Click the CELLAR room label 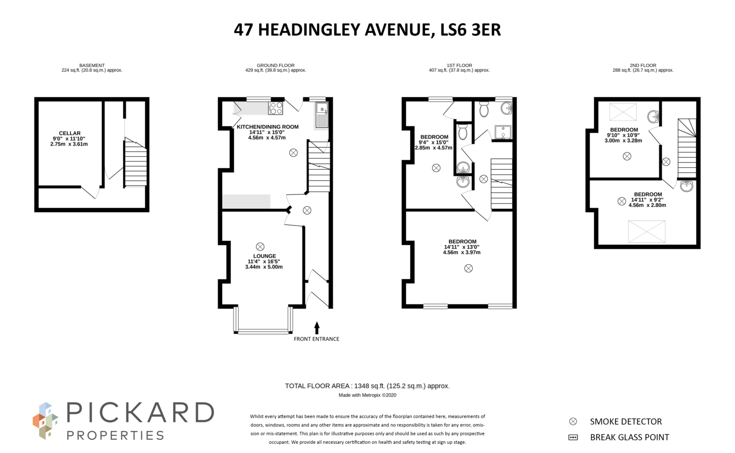69,133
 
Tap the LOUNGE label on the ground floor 264,256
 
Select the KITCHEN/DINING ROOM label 267,127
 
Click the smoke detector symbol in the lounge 260,247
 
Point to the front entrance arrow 316,328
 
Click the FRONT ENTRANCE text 316,339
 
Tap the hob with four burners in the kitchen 276,108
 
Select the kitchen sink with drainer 322,115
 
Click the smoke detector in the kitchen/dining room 293,153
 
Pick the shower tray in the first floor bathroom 502,132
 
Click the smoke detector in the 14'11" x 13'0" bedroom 468,268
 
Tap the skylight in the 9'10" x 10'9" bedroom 623,112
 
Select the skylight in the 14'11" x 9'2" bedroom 646,231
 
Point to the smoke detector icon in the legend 573,421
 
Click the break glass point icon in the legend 573,437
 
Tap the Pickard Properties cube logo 45,421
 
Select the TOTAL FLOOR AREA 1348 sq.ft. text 367,386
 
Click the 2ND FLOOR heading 643,65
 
